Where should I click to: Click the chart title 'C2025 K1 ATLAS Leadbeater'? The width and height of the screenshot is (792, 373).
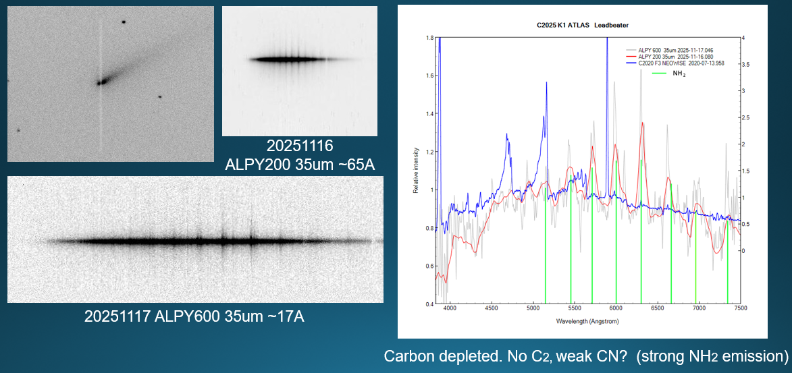point(582,24)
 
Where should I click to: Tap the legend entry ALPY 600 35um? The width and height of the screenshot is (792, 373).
point(676,50)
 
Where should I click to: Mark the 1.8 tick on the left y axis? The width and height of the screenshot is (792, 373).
point(429,38)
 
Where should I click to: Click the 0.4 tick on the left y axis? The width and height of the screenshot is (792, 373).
point(429,304)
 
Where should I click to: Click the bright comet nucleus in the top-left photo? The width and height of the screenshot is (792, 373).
point(102,82)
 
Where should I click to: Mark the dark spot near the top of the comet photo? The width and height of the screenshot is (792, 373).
point(124,22)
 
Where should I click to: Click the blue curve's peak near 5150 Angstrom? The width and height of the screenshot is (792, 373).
point(545,83)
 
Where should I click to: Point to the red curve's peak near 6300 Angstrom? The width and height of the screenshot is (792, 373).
point(641,123)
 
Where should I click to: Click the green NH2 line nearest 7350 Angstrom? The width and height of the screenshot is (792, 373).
point(727,270)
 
